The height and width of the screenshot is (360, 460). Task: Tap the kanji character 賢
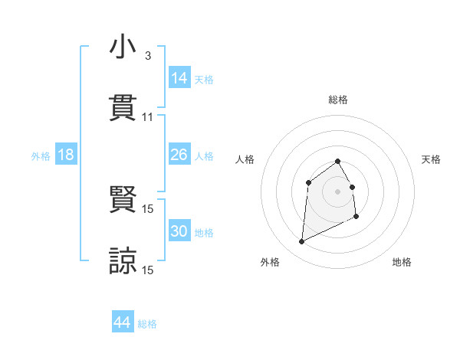123,201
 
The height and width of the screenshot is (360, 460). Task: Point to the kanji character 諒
123,260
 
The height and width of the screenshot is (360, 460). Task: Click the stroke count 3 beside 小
147,56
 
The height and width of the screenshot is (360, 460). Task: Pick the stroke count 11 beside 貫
148,116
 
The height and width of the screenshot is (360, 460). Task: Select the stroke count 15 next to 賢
148,209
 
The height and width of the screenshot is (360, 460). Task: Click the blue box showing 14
179,78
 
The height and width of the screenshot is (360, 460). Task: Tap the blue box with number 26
179,155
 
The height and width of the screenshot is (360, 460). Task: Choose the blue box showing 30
179,231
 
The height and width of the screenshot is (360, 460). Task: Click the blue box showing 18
65,155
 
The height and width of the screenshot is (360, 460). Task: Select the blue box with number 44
122,322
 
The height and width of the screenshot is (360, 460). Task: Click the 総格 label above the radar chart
338,100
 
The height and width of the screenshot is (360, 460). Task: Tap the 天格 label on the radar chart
432,159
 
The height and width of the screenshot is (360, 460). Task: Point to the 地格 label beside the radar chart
402,262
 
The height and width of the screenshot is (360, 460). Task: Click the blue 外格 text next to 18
41,155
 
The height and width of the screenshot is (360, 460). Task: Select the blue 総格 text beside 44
147,324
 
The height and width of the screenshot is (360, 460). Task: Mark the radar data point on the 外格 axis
301,242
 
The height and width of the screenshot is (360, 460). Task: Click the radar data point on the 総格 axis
338,161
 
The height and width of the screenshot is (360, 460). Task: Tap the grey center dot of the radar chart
338,191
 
